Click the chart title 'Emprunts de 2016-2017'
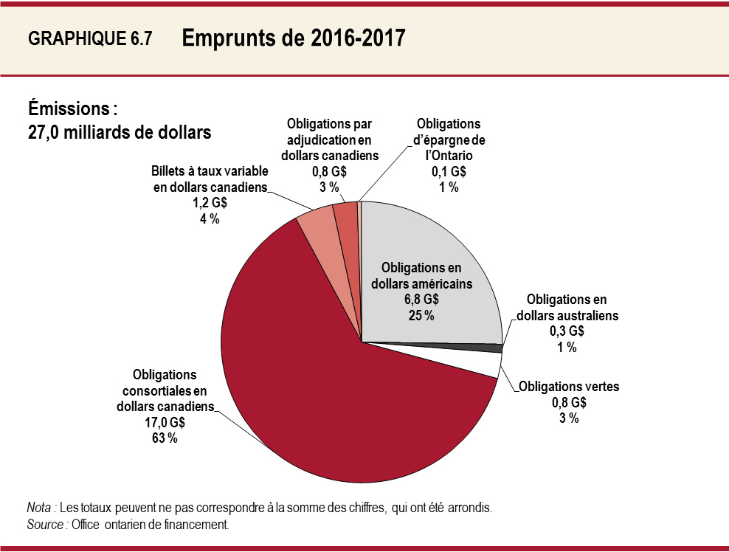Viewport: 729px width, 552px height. click(x=293, y=38)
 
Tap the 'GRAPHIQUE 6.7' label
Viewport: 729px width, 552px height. click(x=89, y=40)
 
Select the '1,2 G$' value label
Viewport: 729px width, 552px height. click(x=210, y=204)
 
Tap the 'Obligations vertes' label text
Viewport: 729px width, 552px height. click(x=569, y=386)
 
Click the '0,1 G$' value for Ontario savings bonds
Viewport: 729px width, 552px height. click(x=448, y=172)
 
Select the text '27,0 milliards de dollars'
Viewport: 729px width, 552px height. click(x=120, y=133)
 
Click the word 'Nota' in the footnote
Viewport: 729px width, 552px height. click(x=39, y=508)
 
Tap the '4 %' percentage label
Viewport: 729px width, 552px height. click(x=210, y=219)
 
